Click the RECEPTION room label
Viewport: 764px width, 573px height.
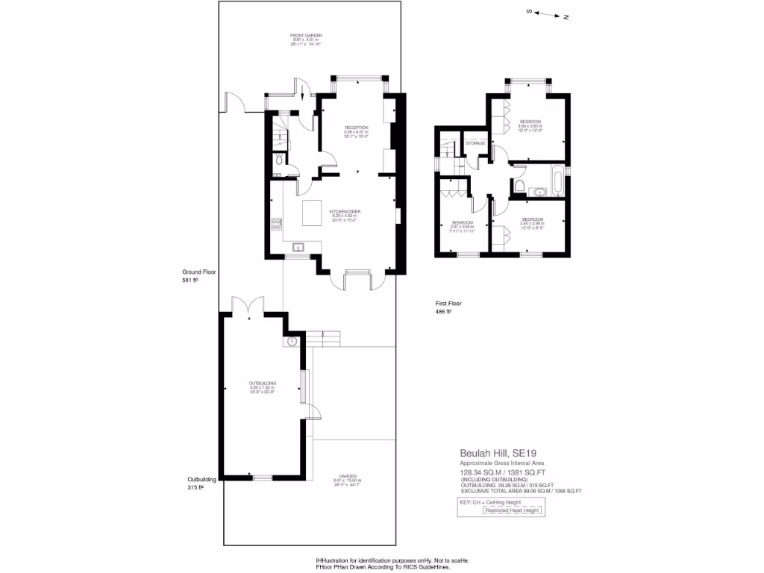click(x=357, y=128)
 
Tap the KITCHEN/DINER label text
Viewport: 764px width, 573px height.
click(x=345, y=212)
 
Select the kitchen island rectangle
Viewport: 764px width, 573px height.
click(x=312, y=216)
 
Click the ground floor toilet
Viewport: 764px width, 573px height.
click(x=278, y=159)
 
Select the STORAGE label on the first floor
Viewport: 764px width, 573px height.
click(x=476, y=143)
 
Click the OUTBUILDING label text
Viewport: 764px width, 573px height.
click(x=263, y=383)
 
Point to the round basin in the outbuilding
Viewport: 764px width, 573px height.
click(x=292, y=342)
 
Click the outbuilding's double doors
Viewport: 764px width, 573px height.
click(x=248, y=305)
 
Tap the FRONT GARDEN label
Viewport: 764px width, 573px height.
click(x=306, y=35)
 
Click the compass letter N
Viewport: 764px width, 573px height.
click(x=566, y=16)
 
